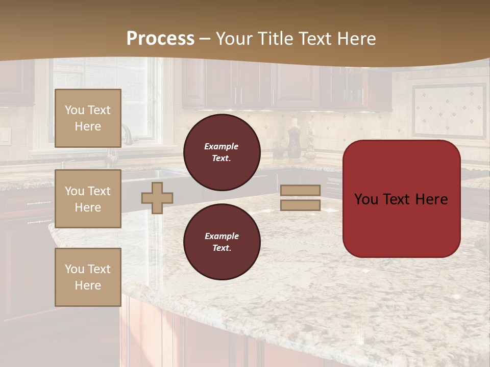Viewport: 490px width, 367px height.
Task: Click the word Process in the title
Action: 160,39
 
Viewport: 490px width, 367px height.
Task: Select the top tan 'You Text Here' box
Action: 88,118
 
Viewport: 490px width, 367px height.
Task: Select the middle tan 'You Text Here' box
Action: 88,199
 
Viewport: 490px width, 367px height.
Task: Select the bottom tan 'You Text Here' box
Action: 88,277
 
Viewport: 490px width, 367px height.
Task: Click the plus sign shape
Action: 157,198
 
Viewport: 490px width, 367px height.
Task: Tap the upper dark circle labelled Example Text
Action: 222,152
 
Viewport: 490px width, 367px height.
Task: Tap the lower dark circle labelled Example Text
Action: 222,242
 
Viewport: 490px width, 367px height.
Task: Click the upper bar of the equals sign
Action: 300,190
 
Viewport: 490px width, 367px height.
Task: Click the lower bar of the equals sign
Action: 300,205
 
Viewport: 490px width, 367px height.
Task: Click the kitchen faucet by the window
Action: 126,135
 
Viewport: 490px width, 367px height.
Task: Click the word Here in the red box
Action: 431,199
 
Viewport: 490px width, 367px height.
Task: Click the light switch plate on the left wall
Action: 5,135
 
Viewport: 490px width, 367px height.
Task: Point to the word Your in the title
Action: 234,39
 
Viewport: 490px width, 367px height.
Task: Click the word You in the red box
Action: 366,199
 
